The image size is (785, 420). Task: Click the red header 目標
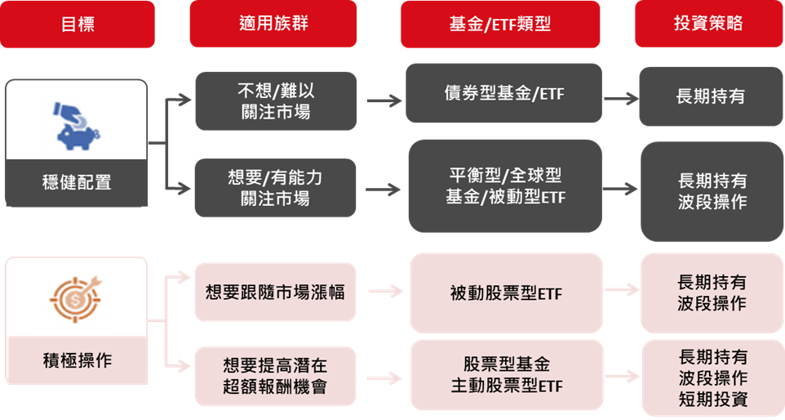pyautogui.click(x=78, y=24)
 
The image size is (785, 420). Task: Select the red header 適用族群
pyautogui.click(x=273, y=24)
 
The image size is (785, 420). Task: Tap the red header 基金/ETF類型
pyautogui.click(x=500, y=24)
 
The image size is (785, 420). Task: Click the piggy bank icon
pyautogui.click(x=81, y=125)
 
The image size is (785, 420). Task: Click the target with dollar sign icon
pyautogui.click(x=72, y=297)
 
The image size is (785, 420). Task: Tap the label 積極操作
pyautogui.click(x=77, y=360)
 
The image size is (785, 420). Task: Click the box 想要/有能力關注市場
pyautogui.click(x=275, y=187)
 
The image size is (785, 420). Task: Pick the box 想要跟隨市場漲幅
pyautogui.click(x=275, y=292)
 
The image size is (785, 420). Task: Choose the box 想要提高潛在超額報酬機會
pyautogui.click(x=275, y=375)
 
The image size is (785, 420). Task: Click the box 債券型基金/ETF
pyautogui.click(x=504, y=95)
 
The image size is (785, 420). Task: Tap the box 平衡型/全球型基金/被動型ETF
pyautogui.click(x=504, y=185)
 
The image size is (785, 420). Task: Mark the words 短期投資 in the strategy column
pyautogui.click(x=712, y=400)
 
